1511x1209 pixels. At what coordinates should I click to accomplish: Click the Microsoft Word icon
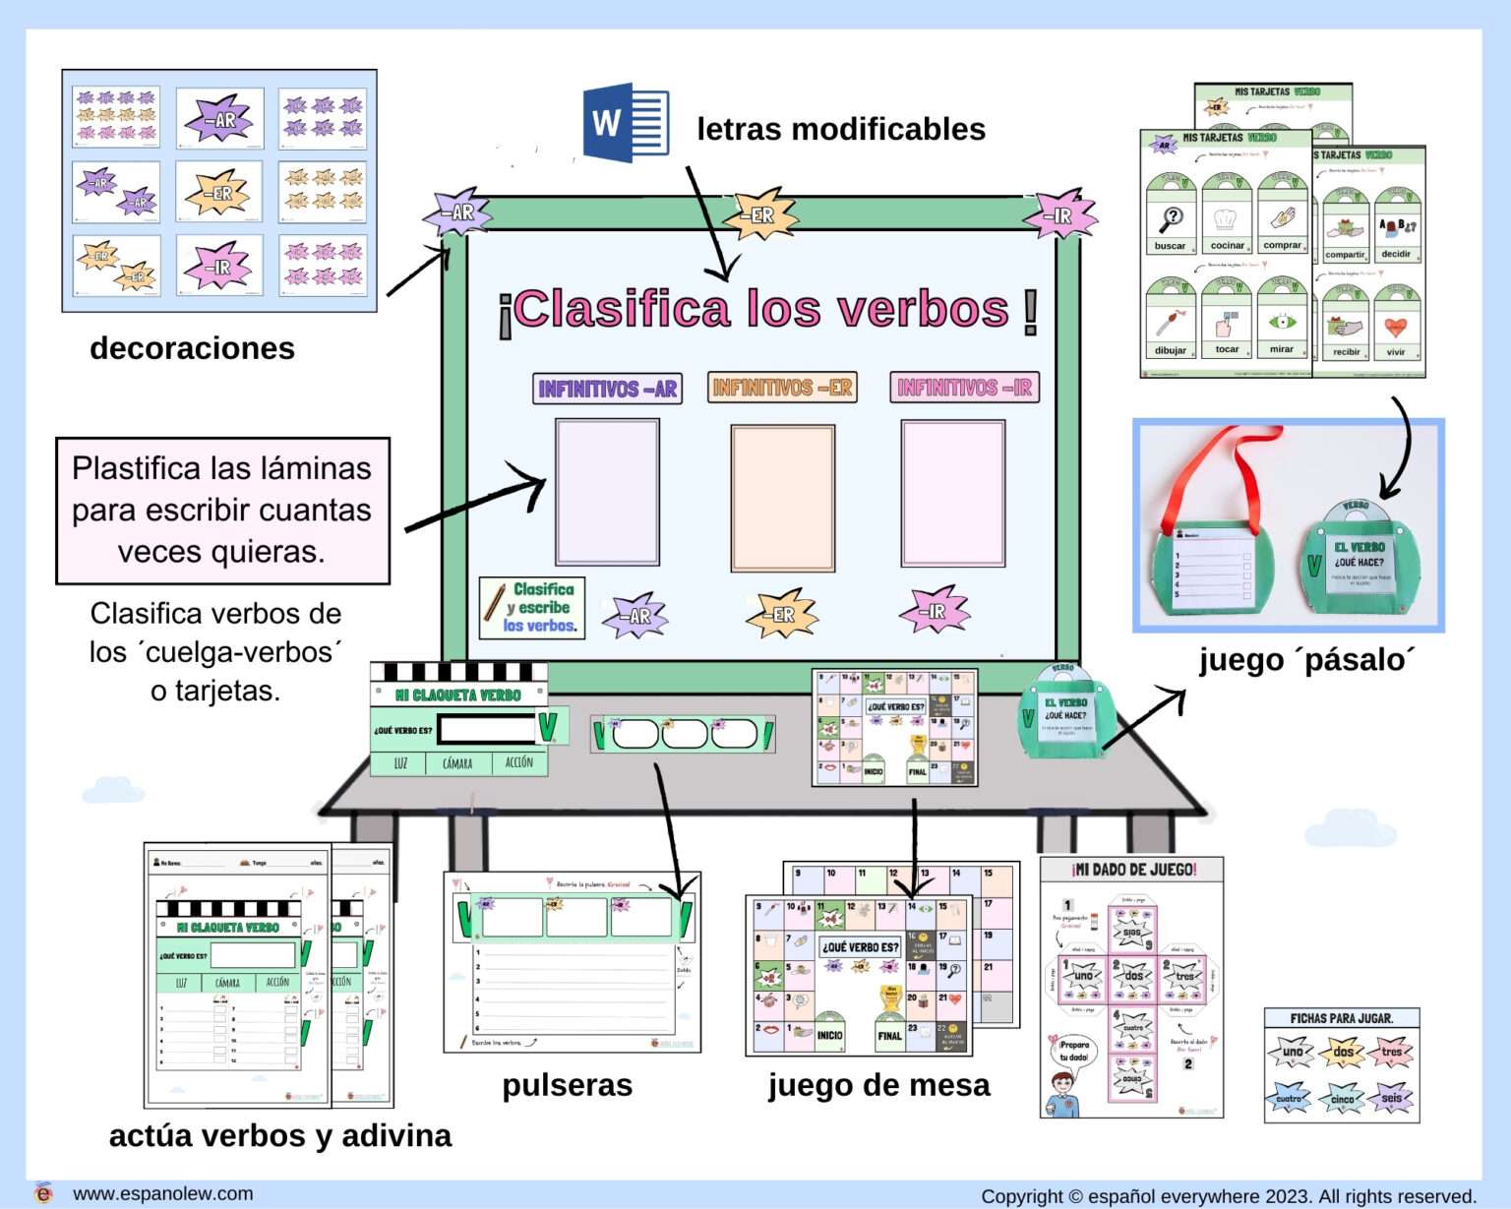[x=626, y=124]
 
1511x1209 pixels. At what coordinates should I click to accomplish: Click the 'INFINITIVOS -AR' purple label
[x=607, y=389]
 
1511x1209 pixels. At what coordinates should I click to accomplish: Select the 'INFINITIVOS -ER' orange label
[x=782, y=388]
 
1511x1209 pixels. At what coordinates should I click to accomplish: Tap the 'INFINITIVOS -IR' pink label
[x=964, y=388]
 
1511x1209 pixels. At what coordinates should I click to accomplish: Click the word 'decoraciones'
[x=192, y=348]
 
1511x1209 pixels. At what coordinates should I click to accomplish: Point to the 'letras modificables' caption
[x=840, y=129]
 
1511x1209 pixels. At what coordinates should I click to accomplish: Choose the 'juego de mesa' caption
[x=878, y=1085]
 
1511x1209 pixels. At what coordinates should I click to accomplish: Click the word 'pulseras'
[x=567, y=1085]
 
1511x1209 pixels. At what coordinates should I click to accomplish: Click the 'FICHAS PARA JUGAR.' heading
[x=1342, y=1018]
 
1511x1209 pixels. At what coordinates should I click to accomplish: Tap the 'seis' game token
[x=1391, y=1098]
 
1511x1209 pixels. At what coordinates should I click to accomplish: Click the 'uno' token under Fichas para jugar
[x=1291, y=1052]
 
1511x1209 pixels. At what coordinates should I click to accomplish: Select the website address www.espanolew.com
[x=162, y=1193]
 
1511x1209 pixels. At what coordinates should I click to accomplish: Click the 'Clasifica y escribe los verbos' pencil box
[x=532, y=608]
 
